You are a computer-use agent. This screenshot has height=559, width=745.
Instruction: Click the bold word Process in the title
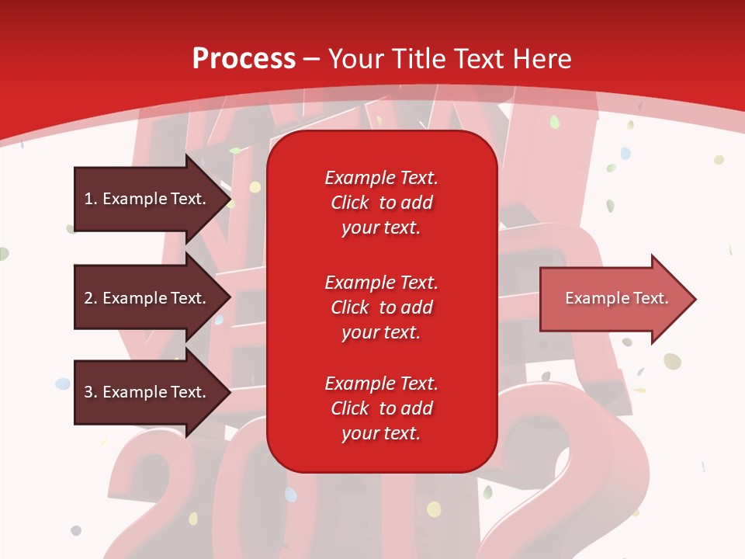[244, 59]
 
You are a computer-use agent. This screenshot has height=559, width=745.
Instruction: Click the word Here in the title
[541, 59]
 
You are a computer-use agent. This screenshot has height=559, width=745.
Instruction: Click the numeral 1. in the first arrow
[91, 199]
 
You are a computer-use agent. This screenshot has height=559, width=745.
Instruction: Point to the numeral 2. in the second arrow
[91, 298]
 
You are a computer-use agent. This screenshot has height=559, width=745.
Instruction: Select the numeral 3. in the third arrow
[91, 392]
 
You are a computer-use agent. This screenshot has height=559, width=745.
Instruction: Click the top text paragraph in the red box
[381, 203]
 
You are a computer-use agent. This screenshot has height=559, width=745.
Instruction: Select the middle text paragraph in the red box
[381, 307]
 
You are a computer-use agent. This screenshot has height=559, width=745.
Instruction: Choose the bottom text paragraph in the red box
[381, 408]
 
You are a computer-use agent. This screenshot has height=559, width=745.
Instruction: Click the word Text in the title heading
[476, 59]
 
